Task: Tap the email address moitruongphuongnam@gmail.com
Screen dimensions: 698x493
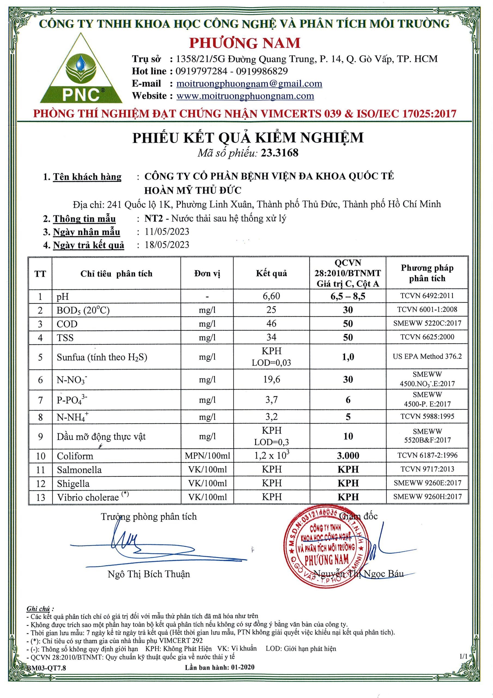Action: (249, 84)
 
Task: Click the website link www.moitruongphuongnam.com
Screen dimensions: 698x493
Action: (245, 96)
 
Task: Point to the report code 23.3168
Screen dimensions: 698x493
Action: (280, 153)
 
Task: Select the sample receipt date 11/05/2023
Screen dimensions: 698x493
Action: (167, 232)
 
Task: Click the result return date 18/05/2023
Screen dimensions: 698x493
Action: (167, 245)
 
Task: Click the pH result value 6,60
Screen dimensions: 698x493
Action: (271, 296)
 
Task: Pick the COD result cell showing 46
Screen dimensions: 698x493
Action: (271, 323)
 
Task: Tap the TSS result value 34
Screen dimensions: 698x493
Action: (271, 337)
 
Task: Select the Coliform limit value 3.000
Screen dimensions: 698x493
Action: (348, 455)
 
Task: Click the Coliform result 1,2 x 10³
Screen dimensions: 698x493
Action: (271, 455)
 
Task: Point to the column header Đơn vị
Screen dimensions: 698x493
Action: (207, 273)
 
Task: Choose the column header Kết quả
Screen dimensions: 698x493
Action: (271, 273)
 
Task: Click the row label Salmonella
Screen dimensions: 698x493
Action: (79, 470)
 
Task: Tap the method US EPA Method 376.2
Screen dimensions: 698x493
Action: (427, 356)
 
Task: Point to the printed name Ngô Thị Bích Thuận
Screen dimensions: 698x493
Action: (149, 574)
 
